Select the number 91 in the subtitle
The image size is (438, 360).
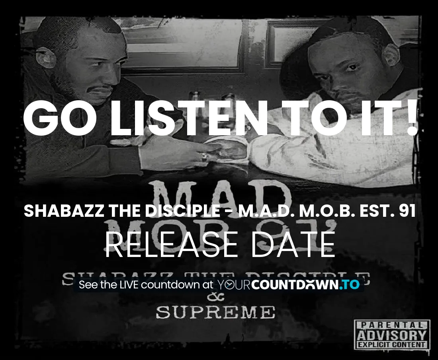(407, 212)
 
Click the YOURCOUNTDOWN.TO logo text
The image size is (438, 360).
(288, 285)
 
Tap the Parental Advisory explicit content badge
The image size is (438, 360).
(391, 334)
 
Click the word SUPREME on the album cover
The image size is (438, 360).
(215, 312)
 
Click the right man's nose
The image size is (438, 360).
(346, 76)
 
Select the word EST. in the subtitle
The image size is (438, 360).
(373, 212)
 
